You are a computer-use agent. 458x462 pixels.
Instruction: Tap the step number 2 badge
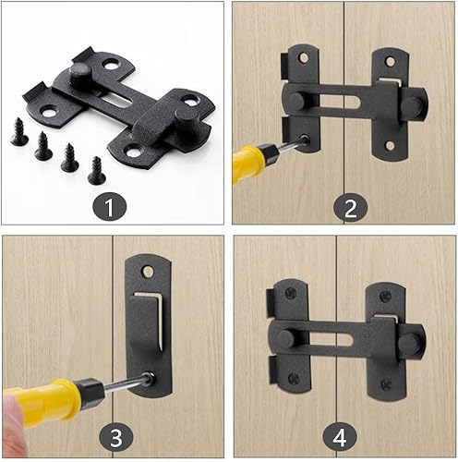[x=347, y=206]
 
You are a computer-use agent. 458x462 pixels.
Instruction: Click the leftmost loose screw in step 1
[x=19, y=133]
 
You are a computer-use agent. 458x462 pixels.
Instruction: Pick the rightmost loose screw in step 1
[x=96, y=169]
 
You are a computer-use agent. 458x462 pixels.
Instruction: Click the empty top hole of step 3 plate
[x=149, y=271]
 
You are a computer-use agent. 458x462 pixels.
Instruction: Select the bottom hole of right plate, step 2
[x=388, y=145]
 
